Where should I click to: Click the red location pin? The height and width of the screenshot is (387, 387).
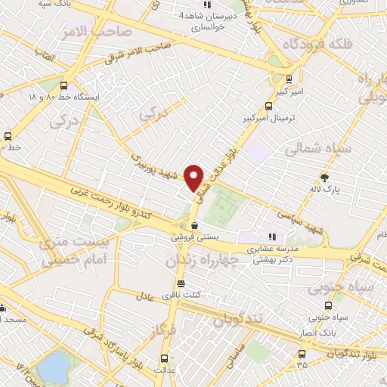194,178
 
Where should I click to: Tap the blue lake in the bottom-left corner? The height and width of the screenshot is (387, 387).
52,368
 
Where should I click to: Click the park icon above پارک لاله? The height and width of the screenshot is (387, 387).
325,178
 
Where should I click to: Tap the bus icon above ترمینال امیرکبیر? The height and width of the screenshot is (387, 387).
268,106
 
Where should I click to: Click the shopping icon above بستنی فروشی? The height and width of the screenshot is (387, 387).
194,224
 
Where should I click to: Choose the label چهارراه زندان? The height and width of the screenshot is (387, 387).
200,261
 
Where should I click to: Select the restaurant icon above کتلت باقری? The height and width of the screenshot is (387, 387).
179,283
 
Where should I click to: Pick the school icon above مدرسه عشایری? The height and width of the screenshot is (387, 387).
272,237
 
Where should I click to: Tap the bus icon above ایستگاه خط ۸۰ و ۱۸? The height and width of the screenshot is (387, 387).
63,85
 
